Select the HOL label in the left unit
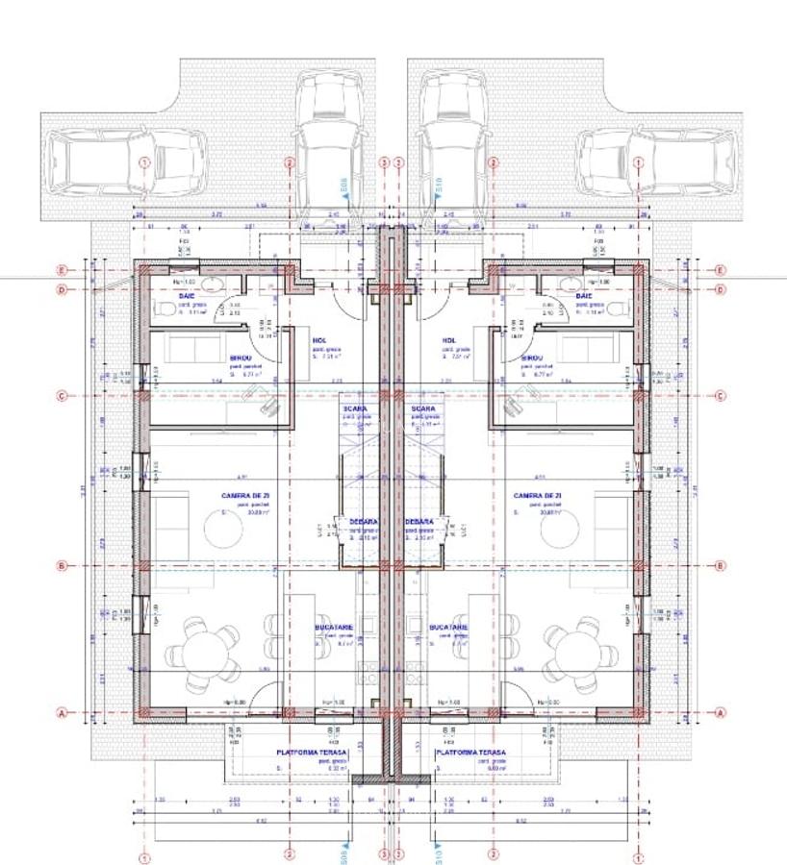tap(319, 340)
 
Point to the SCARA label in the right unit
tap(423, 408)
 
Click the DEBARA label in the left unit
tap(364, 522)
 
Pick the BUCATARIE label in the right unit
tap(449, 628)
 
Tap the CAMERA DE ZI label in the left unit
tap(245, 496)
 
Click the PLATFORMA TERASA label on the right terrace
tap(470, 754)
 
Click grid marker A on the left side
tap(63, 713)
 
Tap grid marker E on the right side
tap(721, 270)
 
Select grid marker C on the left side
tap(63, 395)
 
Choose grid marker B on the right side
tap(721, 566)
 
